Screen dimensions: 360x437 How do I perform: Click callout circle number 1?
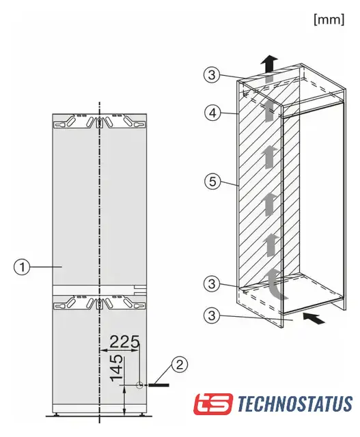click(x=21, y=267)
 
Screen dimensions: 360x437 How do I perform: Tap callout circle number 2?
click(x=180, y=364)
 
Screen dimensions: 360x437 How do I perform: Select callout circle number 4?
click(x=212, y=113)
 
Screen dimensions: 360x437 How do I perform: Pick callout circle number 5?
click(x=212, y=182)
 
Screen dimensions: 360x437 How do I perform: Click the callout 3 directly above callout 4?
click(x=212, y=74)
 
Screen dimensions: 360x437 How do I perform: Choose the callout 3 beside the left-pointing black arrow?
click(x=212, y=315)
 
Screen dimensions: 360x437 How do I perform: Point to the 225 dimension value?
click(x=124, y=341)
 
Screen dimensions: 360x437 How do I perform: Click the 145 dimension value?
click(x=116, y=368)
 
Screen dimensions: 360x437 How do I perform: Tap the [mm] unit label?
click(x=329, y=20)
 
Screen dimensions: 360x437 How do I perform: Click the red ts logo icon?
click(x=213, y=404)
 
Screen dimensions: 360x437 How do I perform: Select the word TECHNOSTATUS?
click(x=295, y=404)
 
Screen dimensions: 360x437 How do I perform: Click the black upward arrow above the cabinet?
click(x=270, y=64)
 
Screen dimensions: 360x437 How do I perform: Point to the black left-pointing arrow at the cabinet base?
click(x=314, y=318)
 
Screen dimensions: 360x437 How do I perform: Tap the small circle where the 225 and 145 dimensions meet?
click(x=139, y=385)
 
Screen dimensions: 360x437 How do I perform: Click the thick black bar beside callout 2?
click(x=158, y=385)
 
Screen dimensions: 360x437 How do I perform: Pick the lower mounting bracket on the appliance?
click(x=99, y=302)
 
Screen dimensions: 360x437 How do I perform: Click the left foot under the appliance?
click(x=57, y=414)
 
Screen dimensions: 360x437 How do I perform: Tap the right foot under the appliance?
click(x=142, y=414)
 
